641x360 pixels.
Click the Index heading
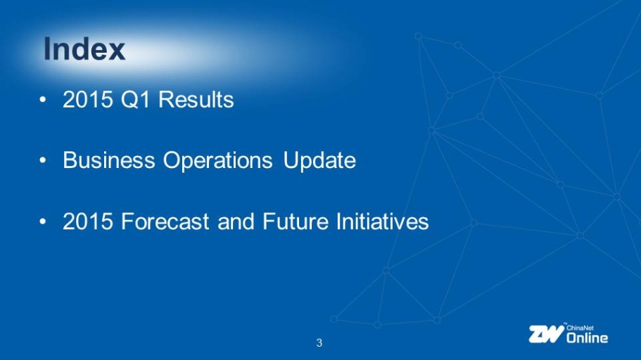click(84, 49)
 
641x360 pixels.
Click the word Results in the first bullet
click(196, 99)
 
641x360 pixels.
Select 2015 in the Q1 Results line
click(87, 99)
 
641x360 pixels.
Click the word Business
click(109, 160)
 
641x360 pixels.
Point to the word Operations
click(218, 161)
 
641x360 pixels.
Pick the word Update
click(319, 161)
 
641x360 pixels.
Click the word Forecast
click(165, 221)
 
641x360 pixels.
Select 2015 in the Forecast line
click(87, 221)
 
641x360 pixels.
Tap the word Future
click(295, 221)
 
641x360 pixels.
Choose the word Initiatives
click(382, 221)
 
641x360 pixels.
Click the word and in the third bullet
click(236, 221)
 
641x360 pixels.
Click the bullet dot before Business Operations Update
click(43, 160)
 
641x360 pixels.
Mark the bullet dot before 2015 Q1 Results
click(43, 100)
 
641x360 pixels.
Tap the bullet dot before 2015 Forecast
click(43, 222)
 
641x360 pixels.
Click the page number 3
click(319, 343)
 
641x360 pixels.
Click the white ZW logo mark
click(546, 334)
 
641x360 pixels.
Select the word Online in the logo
click(587, 337)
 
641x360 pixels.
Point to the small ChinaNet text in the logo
click(580, 328)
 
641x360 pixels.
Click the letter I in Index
click(47, 49)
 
